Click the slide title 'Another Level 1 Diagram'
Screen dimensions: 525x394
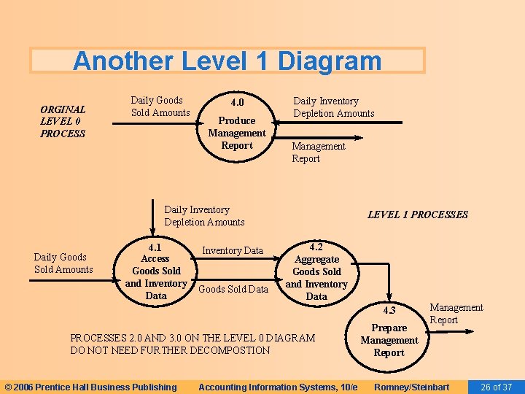227,61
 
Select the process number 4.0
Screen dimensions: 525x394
237,102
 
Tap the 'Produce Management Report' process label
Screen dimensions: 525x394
237,133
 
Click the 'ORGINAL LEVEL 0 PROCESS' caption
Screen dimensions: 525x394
63,121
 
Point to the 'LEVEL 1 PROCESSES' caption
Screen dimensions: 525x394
417,215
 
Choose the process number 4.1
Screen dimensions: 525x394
155,247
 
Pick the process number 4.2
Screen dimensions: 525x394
316,247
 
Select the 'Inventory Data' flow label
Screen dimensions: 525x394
233,250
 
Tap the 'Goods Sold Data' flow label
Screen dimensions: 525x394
233,289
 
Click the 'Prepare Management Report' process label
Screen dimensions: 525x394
389,341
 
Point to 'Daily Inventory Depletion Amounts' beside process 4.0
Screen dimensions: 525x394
333,107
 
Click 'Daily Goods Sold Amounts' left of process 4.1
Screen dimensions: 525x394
63,263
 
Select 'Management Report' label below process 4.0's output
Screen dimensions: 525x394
318,152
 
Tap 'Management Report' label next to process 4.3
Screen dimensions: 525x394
456,314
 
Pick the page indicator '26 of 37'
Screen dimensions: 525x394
496,387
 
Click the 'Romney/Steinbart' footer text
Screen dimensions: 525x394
411,387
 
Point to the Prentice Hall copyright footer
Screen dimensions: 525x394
90,387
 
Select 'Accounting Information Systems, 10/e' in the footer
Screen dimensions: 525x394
278,387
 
